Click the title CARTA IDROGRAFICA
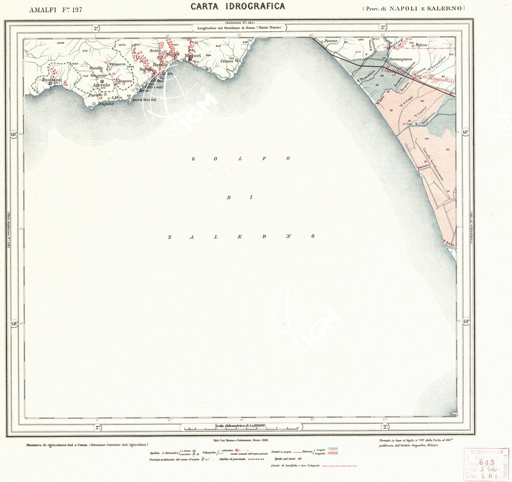[x=238, y=7]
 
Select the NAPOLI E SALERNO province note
[x=413, y=8]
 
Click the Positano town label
[x=51, y=80]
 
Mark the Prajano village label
[x=105, y=103]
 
